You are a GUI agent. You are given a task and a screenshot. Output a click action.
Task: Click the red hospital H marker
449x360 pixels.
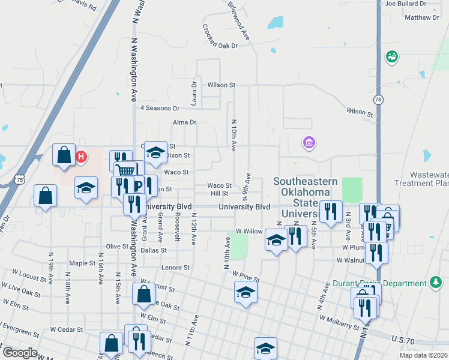81,157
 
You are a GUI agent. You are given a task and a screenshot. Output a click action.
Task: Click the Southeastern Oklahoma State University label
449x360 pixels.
303,197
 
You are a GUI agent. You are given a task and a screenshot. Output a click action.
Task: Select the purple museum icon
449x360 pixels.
309,143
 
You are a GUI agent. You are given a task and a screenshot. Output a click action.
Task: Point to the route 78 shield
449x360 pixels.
378,99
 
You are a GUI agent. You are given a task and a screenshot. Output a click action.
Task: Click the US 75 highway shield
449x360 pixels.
21,179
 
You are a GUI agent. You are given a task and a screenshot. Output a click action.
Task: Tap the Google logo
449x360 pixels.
19,353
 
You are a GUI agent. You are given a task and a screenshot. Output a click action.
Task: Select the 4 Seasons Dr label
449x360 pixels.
160,109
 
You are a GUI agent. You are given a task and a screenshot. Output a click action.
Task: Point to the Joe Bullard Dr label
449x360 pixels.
406,4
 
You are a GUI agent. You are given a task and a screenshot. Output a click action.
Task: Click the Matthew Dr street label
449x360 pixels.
422,17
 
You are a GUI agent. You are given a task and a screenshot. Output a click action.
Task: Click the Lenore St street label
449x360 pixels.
175,268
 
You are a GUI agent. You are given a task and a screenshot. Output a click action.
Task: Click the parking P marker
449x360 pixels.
137,185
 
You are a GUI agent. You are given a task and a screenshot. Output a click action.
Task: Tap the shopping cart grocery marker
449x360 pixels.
125,171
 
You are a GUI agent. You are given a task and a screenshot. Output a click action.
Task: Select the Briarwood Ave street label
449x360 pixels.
238,20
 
